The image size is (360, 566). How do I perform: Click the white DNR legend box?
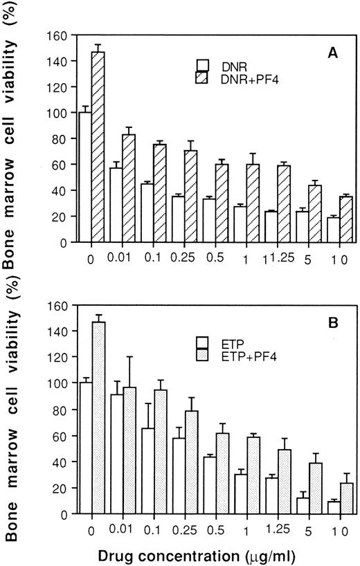click(204, 65)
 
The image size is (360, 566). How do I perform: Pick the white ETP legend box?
click(202, 341)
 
